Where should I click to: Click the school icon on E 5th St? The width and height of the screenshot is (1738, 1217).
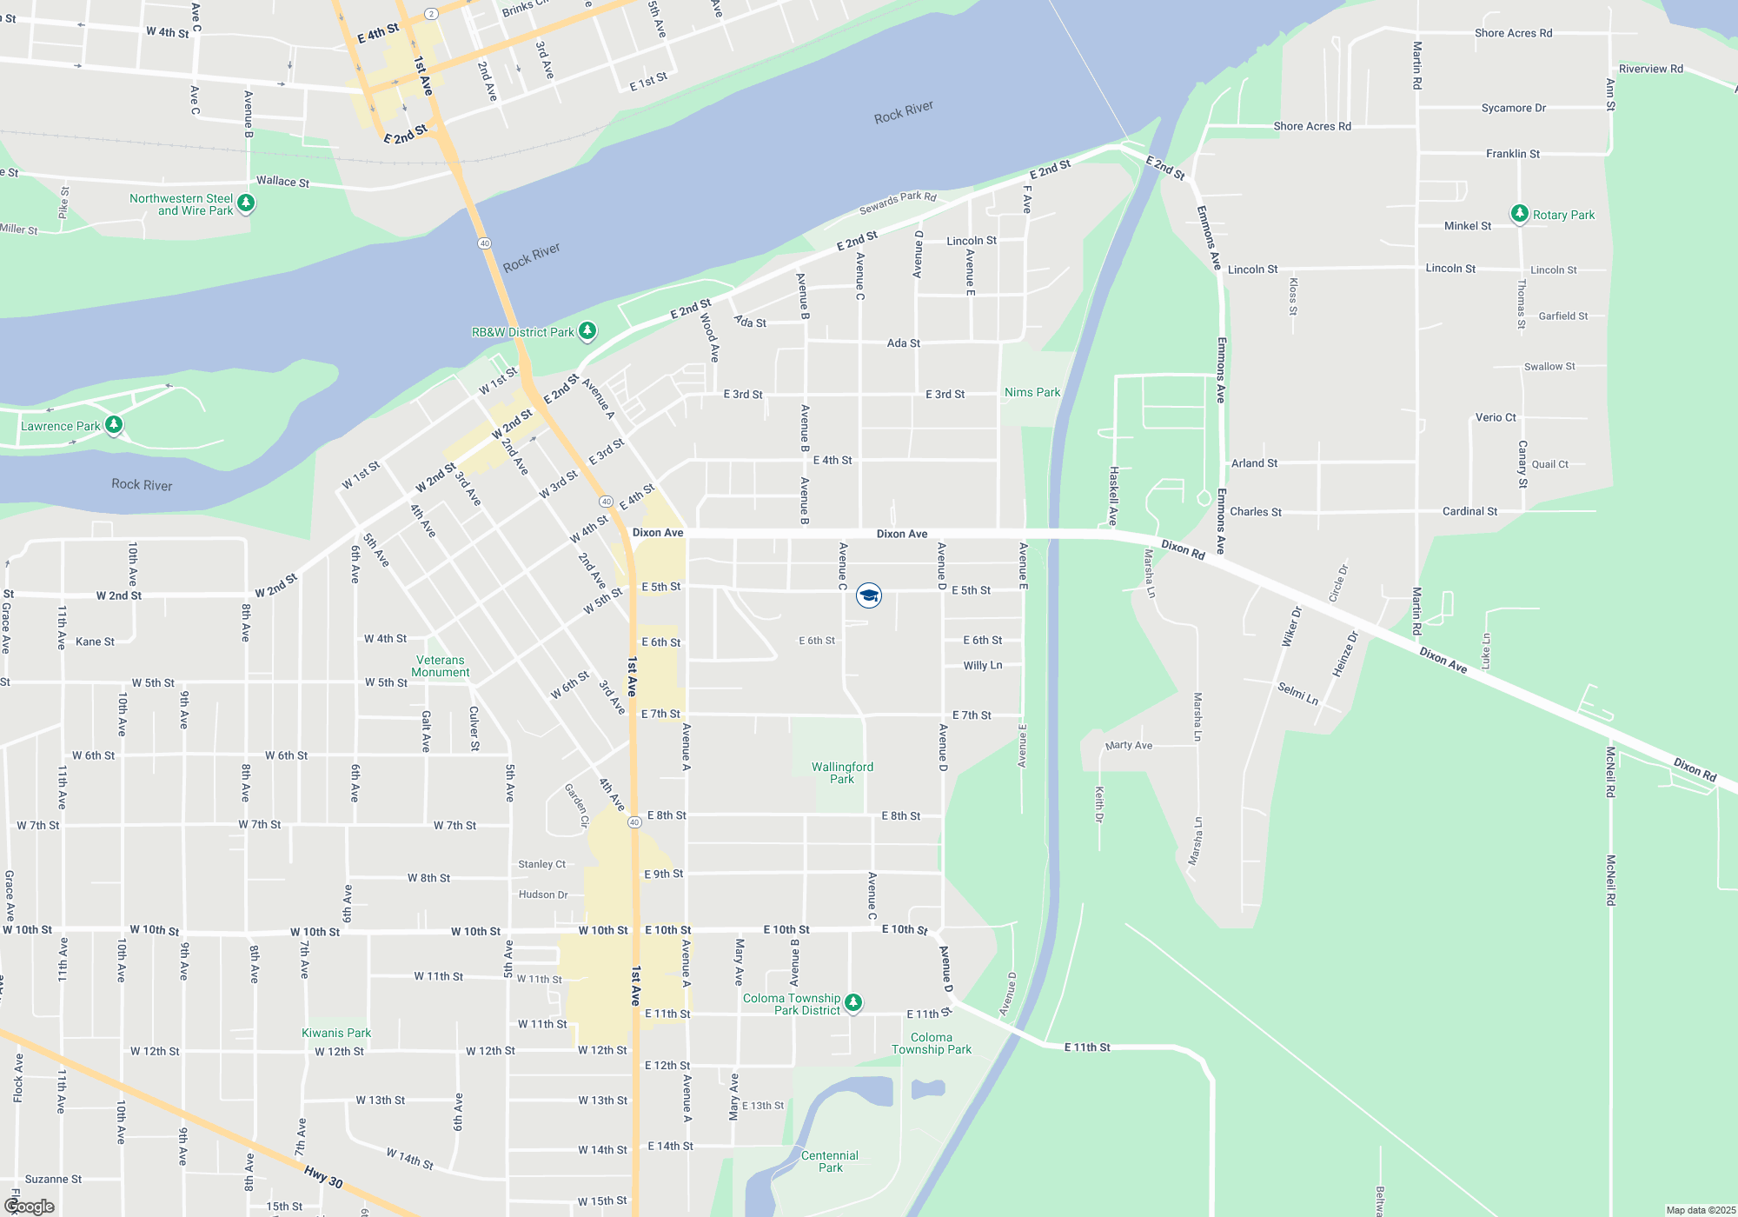coord(868,595)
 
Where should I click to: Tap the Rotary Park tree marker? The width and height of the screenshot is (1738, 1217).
coord(1519,214)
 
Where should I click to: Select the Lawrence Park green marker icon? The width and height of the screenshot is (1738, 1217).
coord(114,425)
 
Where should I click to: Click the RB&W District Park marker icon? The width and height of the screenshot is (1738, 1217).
coord(587,331)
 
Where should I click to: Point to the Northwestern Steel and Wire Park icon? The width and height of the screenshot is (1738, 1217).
coord(246,203)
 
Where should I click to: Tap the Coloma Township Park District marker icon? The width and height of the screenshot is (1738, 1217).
coord(853,1003)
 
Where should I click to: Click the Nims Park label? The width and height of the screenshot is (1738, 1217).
coord(1032,393)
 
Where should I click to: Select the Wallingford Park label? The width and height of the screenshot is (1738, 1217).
coord(842,773)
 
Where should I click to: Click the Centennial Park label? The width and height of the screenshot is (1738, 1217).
coord(830,1161)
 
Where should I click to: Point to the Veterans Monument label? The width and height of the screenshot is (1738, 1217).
coord(441,667)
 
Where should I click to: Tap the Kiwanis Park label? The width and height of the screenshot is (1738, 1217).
coord(336,1033)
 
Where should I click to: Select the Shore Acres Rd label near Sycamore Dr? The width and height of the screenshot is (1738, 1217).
coord(1513,33)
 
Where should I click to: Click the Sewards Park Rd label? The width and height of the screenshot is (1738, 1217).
coord(898,203)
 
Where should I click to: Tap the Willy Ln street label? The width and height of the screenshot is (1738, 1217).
coord(982,666)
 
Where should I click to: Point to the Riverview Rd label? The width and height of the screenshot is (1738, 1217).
coord(1650,69)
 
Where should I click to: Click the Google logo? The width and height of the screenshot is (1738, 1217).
coord(30,1207)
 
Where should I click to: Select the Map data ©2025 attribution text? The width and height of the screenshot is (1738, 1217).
coord(1700,1210)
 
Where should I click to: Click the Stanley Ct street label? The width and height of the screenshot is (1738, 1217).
coord(541,864)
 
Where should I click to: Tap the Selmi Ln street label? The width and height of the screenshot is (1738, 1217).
coord(1297,693)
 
